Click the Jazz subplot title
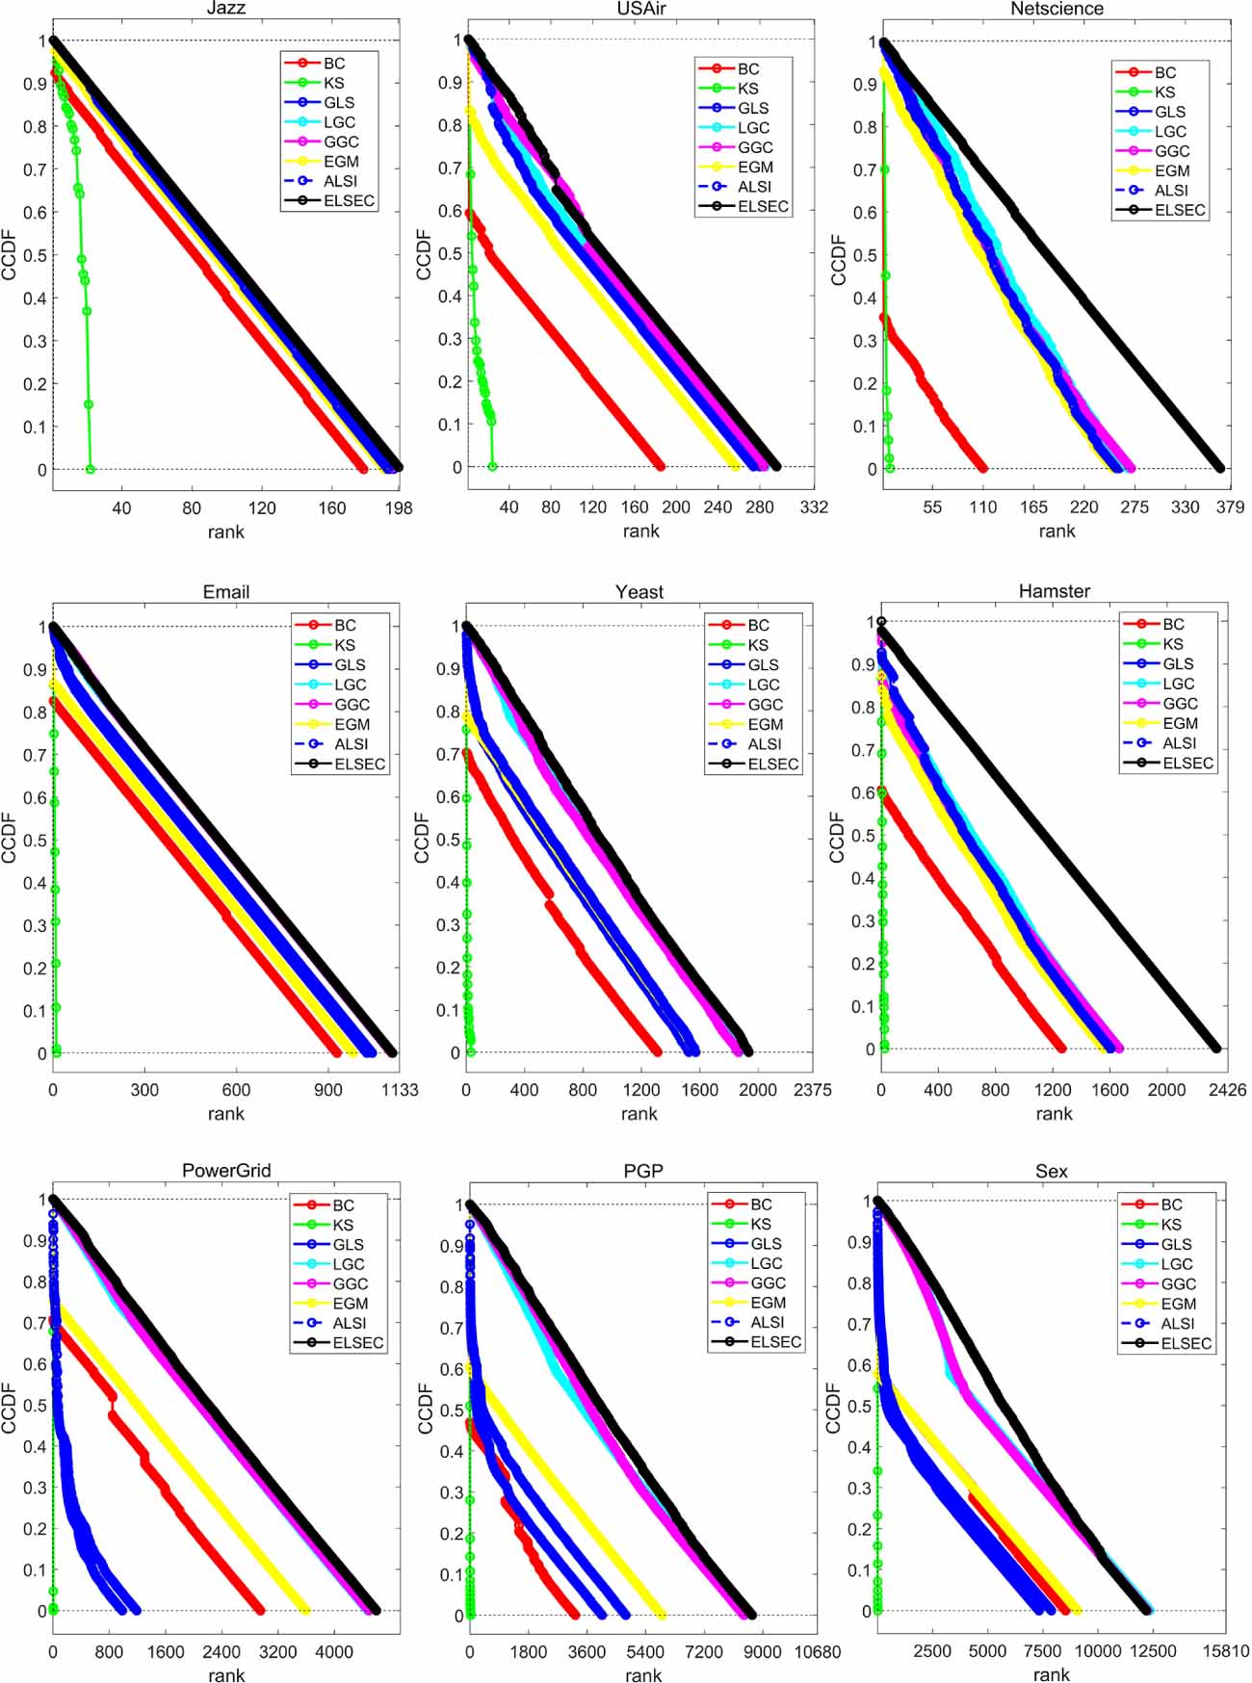[226, 9]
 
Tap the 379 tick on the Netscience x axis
[1230, 507]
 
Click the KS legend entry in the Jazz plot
[333, 83]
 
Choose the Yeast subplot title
[639, 592]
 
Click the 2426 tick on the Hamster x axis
[1227, 1090]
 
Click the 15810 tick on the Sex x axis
[1226, 1651]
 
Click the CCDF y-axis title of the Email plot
[11, 838]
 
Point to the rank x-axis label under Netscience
[1056, 531]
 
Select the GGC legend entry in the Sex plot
[1178, 1283]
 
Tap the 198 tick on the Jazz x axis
[399, 508]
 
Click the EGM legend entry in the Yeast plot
[765, 724]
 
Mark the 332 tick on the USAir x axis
[814, 507]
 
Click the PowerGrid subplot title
[226, 1171]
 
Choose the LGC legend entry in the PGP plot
[766, 1263]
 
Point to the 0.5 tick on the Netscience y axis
[864, 255]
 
